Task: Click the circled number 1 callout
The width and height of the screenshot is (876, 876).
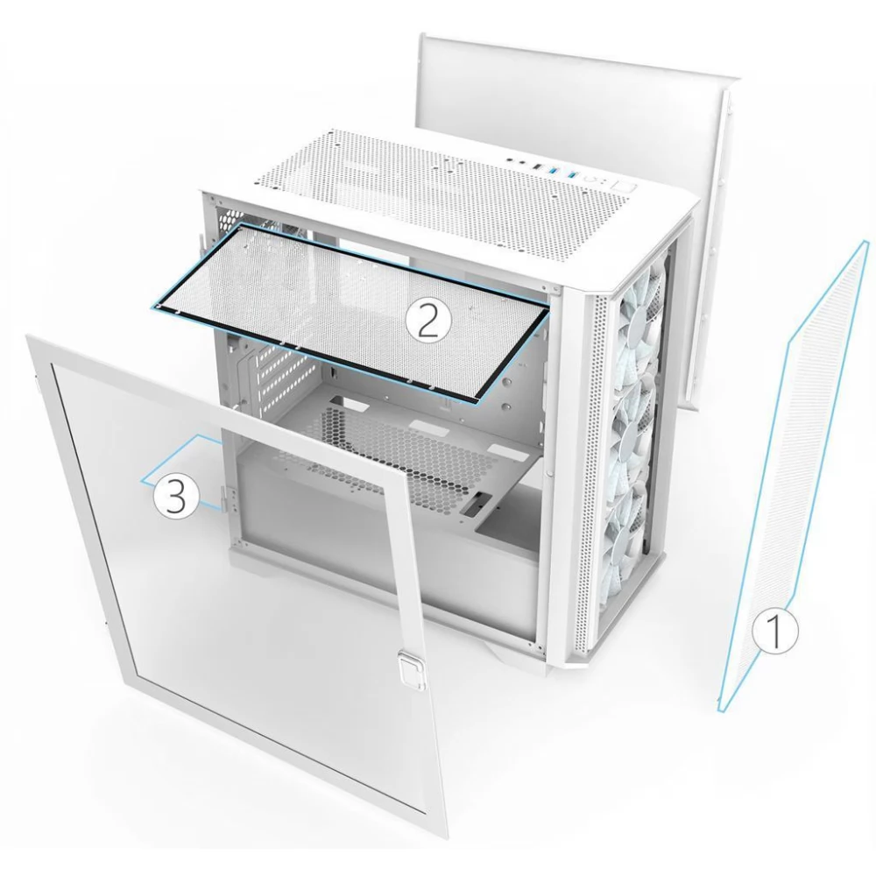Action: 775,630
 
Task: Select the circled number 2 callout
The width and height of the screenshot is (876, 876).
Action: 427,321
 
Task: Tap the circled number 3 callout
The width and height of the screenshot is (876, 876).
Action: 176,497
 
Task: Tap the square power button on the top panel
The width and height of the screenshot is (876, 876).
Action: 624,187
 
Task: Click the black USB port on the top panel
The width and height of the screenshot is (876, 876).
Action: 537,166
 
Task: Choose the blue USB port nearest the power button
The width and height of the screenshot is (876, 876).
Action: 572,174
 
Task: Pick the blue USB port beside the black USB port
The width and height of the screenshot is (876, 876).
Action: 553,170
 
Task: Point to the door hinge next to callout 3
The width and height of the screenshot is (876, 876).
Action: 229,498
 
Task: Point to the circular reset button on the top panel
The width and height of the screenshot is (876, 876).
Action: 590,179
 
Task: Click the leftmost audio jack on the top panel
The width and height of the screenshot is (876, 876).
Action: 510,159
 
